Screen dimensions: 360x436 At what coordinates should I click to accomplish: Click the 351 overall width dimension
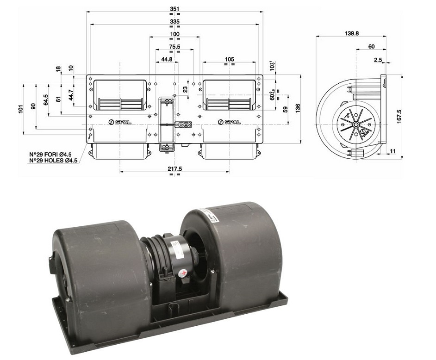click(x=174, y=8)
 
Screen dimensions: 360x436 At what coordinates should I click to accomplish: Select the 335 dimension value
click(x=174, y=21)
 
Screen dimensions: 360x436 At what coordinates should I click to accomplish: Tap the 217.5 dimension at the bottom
click(x=174, y=169)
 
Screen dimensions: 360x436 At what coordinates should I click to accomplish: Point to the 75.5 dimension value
click(x=174, y=47)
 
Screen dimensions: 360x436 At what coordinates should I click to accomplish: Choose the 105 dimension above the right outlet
click(x=229, y=59)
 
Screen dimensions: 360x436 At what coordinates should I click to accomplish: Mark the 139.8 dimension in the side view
click(x=352, y=33)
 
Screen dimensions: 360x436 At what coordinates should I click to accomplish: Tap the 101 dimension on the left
click(x=20, y=109)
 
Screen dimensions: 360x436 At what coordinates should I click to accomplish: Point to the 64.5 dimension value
click(x=46, y=100)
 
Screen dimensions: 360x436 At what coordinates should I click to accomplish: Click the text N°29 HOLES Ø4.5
click(x=53, y=161)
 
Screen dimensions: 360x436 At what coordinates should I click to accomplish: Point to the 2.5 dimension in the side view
click(x=378, y=60)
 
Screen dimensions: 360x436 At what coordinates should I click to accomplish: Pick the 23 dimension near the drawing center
click(x=186, y=89)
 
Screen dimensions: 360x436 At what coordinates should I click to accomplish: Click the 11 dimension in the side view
click(x=393, y=151)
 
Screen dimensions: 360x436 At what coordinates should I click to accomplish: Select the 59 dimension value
click(x=285, y=109)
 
